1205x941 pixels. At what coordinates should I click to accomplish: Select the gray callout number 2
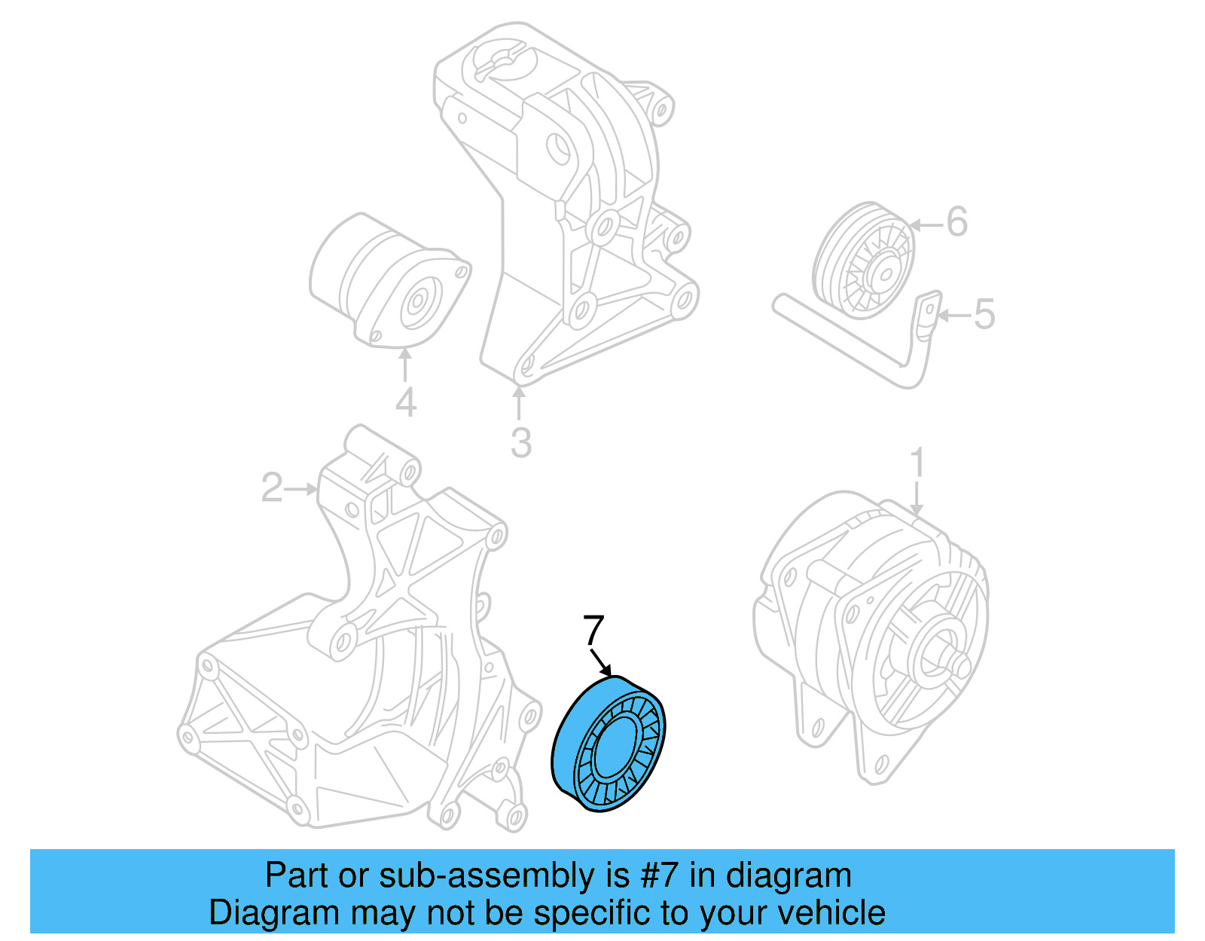click(x=271, y=488)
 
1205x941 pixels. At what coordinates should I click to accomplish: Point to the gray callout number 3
click(x=520, y=443)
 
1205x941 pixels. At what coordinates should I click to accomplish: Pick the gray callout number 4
click(x=405, y=403)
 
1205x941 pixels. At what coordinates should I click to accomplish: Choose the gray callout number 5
click(x=984, y=314)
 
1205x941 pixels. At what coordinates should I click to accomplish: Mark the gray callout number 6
click(x=956, y=222)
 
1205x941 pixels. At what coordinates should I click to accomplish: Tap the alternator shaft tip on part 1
click(x=962, y=665)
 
